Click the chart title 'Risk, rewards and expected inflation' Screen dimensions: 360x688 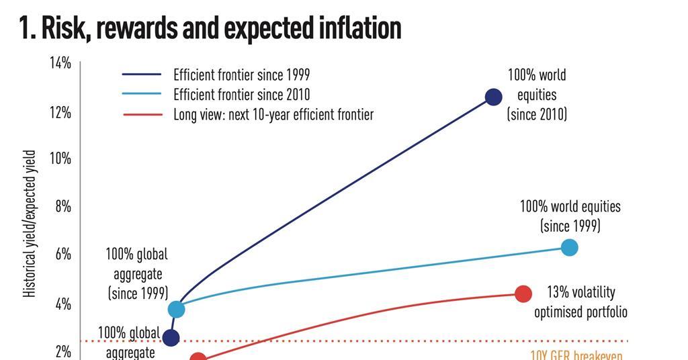coord(210,28)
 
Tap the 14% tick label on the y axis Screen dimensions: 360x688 coord(60,63)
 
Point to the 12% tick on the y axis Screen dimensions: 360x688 coord(60,112)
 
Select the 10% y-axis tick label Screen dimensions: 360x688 coord(60,159)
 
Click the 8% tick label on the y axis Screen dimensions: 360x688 coord(62,207)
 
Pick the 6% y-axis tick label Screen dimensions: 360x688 coord(62,255)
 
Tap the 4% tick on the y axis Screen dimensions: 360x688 coord(62,304)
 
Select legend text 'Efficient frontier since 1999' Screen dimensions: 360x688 coord(241,75)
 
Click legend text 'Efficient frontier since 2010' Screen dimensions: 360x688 coord(241,95)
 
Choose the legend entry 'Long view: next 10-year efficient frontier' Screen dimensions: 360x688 coord(273,114)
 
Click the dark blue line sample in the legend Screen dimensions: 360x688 coord(142,75)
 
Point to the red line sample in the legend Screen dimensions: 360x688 coord(142,115)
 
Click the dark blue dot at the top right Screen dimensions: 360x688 coord(493,97)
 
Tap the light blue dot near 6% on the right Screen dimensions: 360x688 coord(569,248)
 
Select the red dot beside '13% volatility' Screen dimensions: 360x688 coord(523,294)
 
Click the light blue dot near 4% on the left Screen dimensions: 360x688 coord(176,309)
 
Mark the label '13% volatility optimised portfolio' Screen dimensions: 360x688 coord(580,302)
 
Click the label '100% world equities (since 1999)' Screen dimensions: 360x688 coord(570,216)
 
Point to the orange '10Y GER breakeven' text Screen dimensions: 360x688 coord(576,355)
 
